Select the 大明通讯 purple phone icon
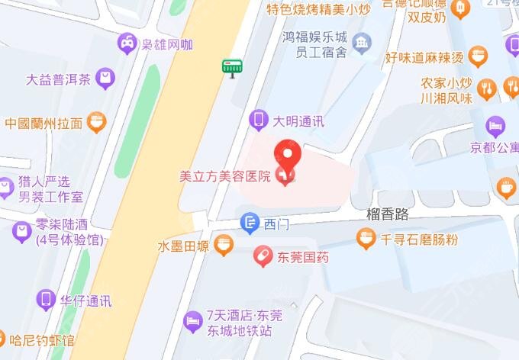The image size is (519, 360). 259,120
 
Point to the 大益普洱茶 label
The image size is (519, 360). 58,79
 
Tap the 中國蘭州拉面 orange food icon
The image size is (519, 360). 96,122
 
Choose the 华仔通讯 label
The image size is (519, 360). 85,301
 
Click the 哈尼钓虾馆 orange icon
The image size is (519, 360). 5,339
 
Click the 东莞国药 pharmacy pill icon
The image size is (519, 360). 263,257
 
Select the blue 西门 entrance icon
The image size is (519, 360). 250,223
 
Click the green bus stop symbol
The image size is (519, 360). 231,67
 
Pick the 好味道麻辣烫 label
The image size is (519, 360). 424,58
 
